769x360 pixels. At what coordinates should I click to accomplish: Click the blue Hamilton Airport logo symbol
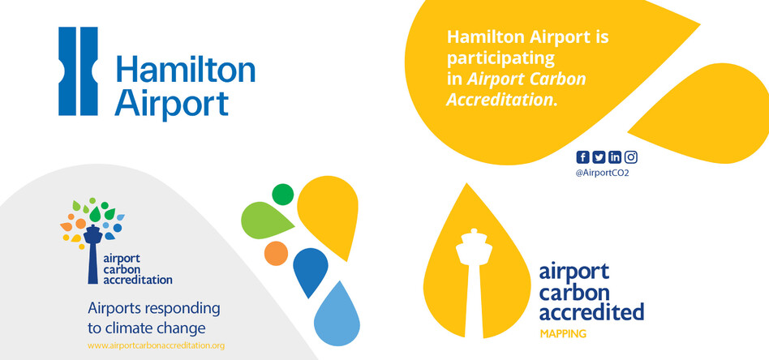tap(78, 71)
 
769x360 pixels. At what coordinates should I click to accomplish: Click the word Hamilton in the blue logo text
tap(185, 71)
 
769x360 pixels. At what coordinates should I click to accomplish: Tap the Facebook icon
tap(582, 157)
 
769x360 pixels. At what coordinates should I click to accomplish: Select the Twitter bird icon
tap(599, 157)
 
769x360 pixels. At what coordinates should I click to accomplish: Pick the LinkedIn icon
tap(615, 157)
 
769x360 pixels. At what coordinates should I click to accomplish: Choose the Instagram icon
tap(631, 157)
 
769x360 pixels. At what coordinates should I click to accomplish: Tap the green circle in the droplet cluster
tap(282, 195)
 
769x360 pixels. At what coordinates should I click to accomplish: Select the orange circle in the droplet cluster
tap(277, 252)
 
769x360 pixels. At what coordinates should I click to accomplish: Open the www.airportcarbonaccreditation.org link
tap(156, 345)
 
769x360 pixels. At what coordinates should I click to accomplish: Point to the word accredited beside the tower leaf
tap(591, 311)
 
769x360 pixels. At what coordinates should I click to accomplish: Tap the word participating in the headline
tap(499, 59)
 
